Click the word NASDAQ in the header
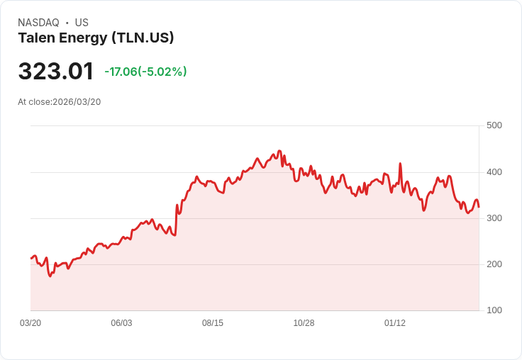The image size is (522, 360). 38,23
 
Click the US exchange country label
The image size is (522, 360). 82,23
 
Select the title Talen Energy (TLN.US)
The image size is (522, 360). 96,38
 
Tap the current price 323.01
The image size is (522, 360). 56,72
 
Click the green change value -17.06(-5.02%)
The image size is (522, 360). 145,72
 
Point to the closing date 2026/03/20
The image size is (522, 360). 77,102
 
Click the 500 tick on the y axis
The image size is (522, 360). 494,125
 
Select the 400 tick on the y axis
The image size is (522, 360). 494,172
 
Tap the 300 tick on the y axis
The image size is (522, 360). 494,218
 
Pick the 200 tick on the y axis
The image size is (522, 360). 494,264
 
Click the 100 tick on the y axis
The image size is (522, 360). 494,310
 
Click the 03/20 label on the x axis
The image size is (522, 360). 30,323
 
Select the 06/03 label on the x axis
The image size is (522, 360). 121,323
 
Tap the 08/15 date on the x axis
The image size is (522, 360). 213,323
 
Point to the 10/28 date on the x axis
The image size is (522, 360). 304,323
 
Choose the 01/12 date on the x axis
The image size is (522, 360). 395,323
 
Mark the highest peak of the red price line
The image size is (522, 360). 279,151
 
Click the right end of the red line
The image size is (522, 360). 479,207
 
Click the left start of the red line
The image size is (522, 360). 31,258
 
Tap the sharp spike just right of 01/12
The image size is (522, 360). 401,164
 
